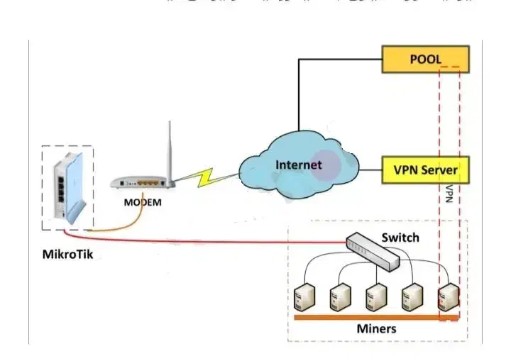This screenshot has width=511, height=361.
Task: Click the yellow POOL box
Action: (425, 59)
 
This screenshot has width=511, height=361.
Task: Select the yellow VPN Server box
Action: (425, 170)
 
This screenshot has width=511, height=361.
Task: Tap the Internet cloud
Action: (299, 166)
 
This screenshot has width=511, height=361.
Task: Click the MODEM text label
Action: (143, 202)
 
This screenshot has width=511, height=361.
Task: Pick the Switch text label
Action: (400, 238)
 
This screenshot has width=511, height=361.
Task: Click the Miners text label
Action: (376, 329)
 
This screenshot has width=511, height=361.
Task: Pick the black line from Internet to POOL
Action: (299, 92)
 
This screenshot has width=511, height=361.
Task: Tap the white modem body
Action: (142, 184)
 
